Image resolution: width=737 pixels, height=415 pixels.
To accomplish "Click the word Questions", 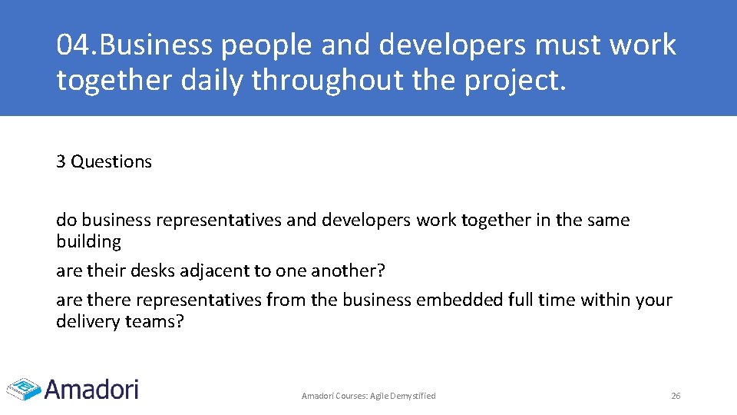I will click(111, 161).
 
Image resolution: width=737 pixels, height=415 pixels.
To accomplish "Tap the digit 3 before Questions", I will click(61, 161).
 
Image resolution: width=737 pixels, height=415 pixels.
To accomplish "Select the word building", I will click(88, 241).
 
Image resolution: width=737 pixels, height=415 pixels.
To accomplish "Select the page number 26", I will click(676, 396).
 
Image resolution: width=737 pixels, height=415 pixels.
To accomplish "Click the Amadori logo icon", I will click(23, 388).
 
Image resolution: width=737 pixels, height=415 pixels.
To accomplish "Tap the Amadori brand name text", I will click(92, 388).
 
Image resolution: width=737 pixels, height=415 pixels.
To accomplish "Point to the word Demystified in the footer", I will click(414, 396).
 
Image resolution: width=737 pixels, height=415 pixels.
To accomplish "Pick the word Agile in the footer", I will click(379, 396).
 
